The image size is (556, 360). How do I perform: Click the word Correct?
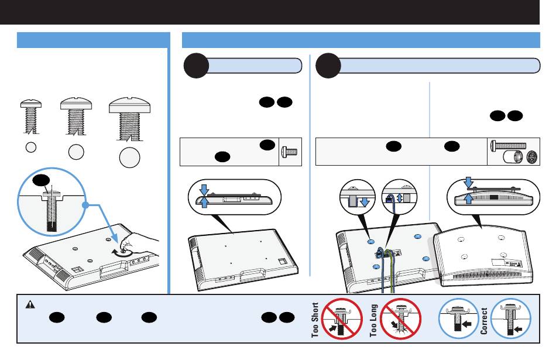pos(484,320)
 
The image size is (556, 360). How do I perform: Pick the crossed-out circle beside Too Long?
pos(400,320)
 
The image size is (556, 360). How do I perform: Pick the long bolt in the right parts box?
pos(507,145)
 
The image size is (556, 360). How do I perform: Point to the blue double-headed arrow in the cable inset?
pos(400,198)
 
